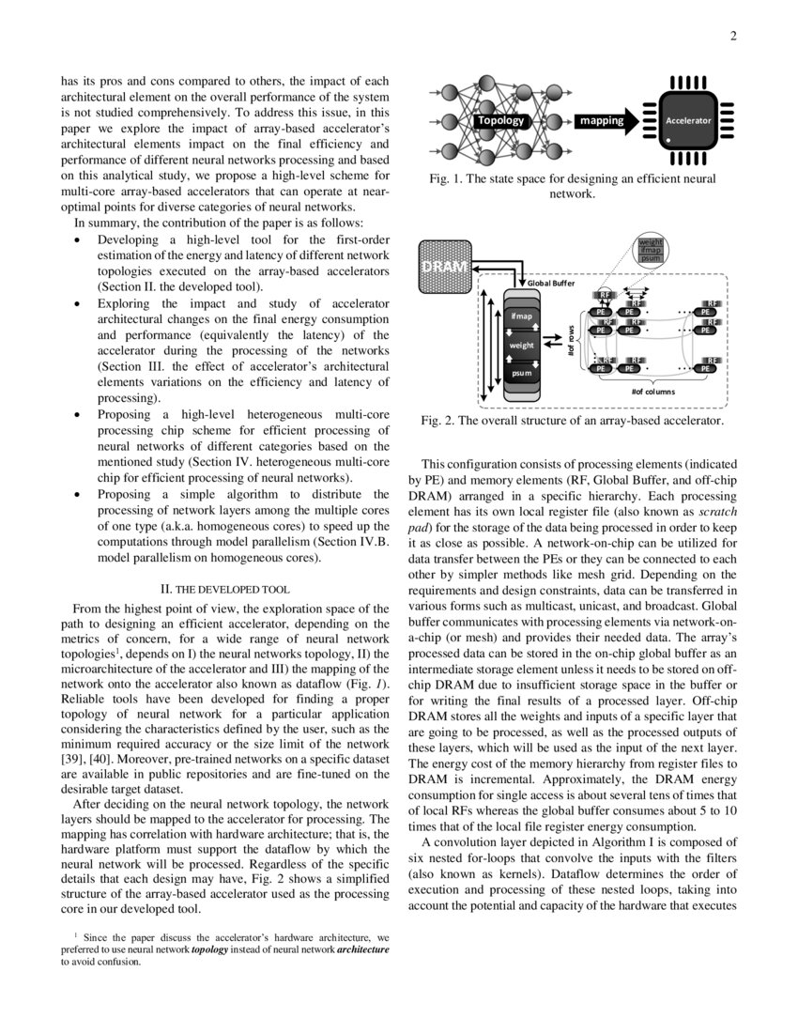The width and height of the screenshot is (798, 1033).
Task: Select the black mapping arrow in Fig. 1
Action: point(606,121)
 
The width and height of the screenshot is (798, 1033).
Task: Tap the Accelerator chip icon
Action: point(688,121)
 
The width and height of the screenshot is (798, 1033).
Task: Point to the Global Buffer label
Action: point(544,283)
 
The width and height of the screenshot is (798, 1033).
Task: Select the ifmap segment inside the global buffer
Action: point(521,316)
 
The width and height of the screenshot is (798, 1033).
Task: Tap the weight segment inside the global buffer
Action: point(521,345)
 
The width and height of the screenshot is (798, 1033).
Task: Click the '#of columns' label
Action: point(652,391)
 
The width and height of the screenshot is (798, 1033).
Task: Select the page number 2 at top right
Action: point(732,37)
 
